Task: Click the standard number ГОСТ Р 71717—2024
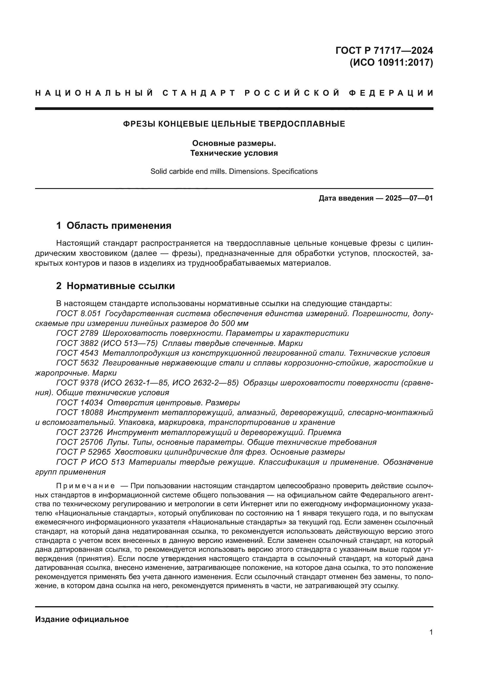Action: pyautogui.click(x=384, y=50)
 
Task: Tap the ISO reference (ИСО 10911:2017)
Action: pyautogui.click(x=391, y=63)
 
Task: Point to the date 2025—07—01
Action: pyautogui.click(x=409, y=198)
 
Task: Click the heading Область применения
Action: pyautogui.click(x=119, y=226)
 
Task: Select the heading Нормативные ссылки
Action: pyautogui.click(x=120, y=286)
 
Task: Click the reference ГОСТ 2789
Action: pyautogui.click(x=77, y=333)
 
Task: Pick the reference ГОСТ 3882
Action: pyautogui.click(x=77, y=343)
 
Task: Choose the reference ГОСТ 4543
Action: pyautogui.click(x=77, y=353)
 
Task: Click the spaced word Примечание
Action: pyautogui.click(x=85, y=486)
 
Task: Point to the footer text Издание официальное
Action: pyautogui.click(x=82, y=619)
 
